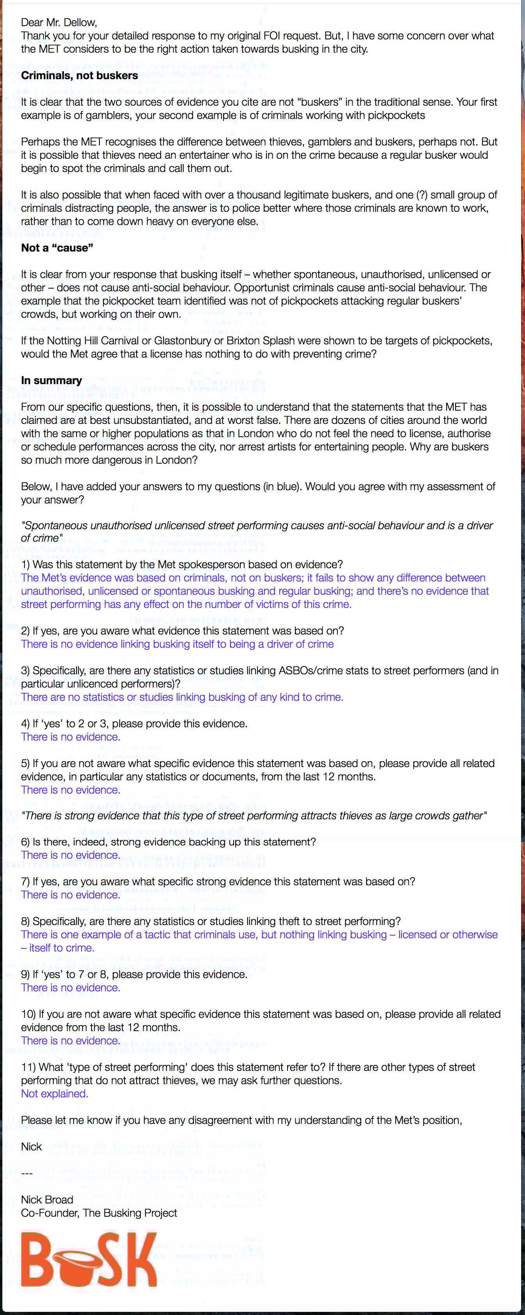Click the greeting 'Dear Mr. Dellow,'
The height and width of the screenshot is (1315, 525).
(59, 23)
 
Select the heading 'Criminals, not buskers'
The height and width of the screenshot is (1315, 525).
(79, 76)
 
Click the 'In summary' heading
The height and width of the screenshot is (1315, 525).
(51, 380)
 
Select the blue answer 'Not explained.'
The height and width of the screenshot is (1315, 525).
(55, 1093)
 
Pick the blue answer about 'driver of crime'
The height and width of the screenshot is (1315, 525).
(177, 644)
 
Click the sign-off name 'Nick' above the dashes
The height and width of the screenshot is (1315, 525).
(31, 1147)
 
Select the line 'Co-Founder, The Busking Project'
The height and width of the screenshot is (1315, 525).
(99, 1213)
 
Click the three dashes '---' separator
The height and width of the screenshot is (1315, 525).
(27, 1173)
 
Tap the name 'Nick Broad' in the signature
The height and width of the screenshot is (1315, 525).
(47, 1200)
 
